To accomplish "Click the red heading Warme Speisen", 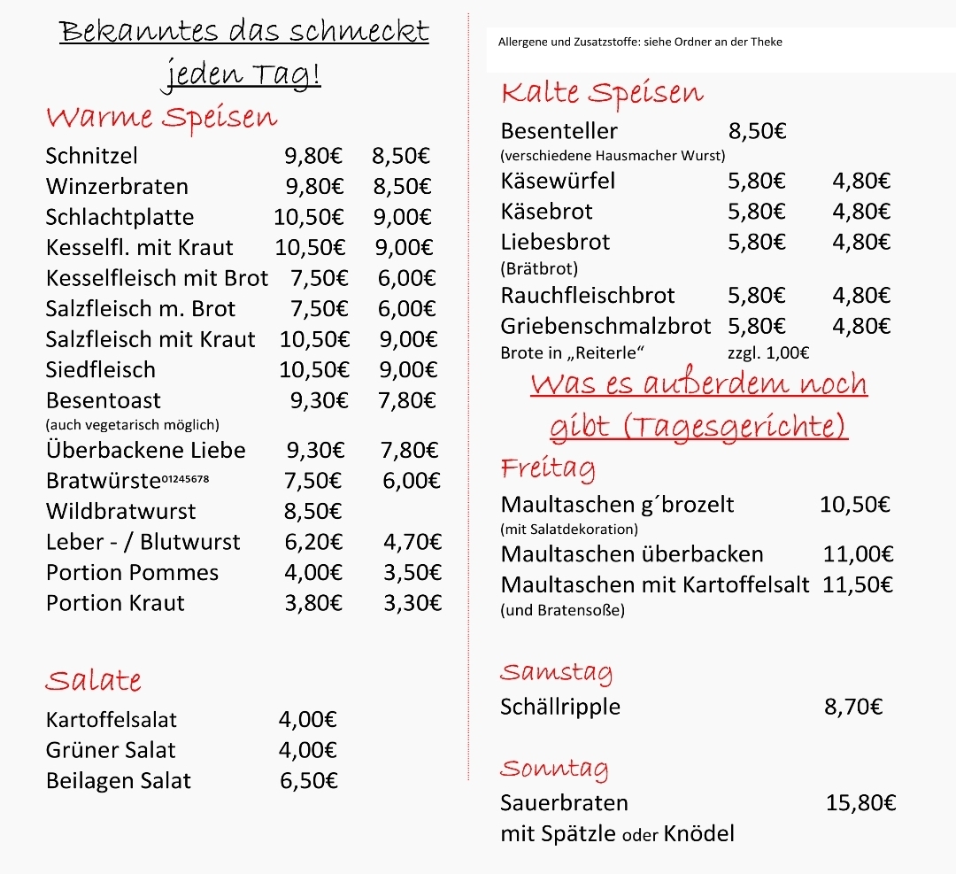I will coord(161,118).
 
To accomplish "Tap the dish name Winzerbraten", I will coord(117,187).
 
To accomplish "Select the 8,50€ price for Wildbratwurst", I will coord(312,511).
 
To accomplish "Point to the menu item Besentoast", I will coord(104,400).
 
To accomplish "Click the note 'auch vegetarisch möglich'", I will coord(133,425).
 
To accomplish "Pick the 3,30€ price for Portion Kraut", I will coord(412,603).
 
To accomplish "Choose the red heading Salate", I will coord(94,680).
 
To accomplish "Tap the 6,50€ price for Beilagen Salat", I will coord(308,780).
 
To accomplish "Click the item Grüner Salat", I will coord(111,750).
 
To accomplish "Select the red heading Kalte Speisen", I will coord(602,93).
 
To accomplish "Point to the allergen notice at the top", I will coord(640,42).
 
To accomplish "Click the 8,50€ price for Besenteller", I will coord(757,132).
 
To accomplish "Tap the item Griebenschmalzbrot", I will coord(605,326).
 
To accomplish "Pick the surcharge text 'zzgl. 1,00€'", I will coord(767,352).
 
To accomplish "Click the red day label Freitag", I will coord(548,468).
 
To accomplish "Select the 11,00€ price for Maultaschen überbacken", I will coord(858,554).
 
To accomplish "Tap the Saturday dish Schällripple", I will coord(560,707).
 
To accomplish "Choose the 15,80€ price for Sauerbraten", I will coord(860,803).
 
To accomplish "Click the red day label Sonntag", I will coord(554,768).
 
